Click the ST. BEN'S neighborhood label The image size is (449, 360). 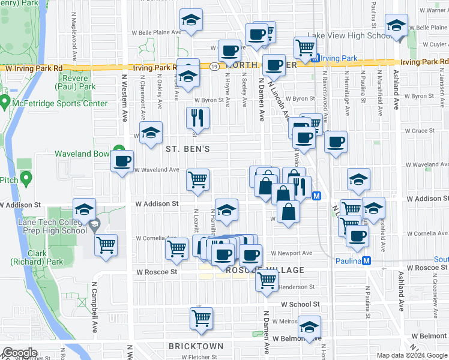[187, 148]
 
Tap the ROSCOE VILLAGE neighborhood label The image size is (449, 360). [265, 270]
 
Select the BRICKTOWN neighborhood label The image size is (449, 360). [196, 346]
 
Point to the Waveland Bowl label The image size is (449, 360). [82, 154]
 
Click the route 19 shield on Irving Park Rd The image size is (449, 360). [214, 67]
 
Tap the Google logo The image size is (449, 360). [20, 352]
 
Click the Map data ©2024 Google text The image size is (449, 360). [411, 355]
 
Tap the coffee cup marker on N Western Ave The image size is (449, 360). [122, 160]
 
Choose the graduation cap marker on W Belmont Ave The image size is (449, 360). [310, 326]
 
